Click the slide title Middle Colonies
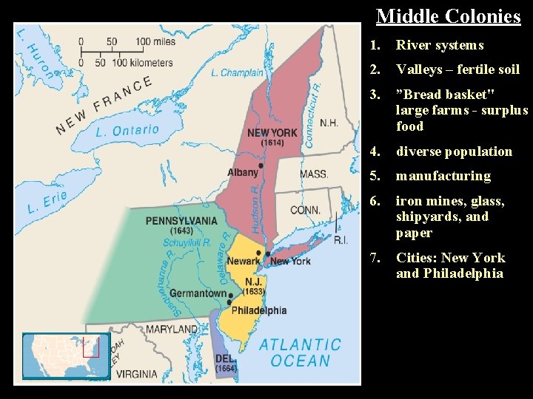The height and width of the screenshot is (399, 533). (448, 16)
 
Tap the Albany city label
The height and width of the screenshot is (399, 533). (243, 172)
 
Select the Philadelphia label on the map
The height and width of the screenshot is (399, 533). (258, 310)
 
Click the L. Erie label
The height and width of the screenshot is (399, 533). (46, 202)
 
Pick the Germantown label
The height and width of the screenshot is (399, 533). (198, 293)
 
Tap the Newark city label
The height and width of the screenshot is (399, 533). (244, 261)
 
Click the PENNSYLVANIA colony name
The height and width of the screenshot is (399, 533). (181, 220)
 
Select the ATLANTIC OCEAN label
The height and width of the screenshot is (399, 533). (300, 352)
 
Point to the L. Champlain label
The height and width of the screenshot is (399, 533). (237, 72)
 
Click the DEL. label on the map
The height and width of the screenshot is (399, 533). (225, 358)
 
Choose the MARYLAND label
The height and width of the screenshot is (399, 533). (172, 329)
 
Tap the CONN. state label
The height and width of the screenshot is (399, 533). (305, 210)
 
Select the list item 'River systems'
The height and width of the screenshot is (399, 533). (440, 45)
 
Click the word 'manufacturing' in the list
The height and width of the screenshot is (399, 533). (443, 176)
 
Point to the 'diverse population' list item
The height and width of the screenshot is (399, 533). (454, 151)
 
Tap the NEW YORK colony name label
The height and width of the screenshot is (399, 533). (272, 133)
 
